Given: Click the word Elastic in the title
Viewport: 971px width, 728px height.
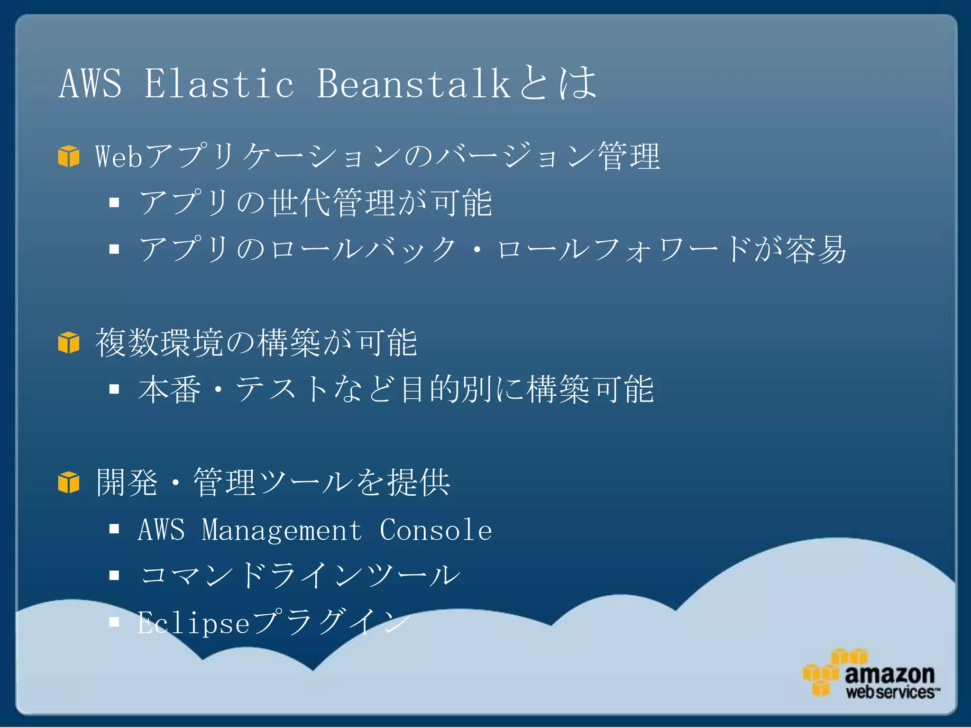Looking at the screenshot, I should tap(219, 83).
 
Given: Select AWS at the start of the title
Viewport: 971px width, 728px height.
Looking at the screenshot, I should tap(90, 83).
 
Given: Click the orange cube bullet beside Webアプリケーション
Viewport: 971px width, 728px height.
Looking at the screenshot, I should tap(69, 156).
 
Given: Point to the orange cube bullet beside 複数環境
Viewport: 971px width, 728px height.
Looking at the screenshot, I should tap(69, 342).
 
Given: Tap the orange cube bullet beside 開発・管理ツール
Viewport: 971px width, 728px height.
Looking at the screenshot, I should tap(69, 482).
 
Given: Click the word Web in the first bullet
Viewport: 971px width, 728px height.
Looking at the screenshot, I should tap(119, 156).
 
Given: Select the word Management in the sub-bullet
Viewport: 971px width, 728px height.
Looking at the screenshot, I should tap(282, 530).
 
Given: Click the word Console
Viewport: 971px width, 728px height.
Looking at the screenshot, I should tap(436, 530).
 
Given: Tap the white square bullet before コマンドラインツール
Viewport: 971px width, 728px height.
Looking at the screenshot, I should tap(114, 575).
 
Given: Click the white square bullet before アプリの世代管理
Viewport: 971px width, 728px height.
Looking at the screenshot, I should tap(114, 203).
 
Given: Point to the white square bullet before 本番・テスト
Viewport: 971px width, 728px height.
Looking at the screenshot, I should tap(114, 389).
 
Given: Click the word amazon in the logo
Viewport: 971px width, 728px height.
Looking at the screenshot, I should tap(889, 674).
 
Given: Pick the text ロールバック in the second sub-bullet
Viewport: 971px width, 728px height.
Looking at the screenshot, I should tap(363, 249).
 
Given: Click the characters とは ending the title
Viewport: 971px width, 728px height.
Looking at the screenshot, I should tap(558, 83).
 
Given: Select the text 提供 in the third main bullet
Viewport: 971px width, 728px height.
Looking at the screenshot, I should tap(419, 482).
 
